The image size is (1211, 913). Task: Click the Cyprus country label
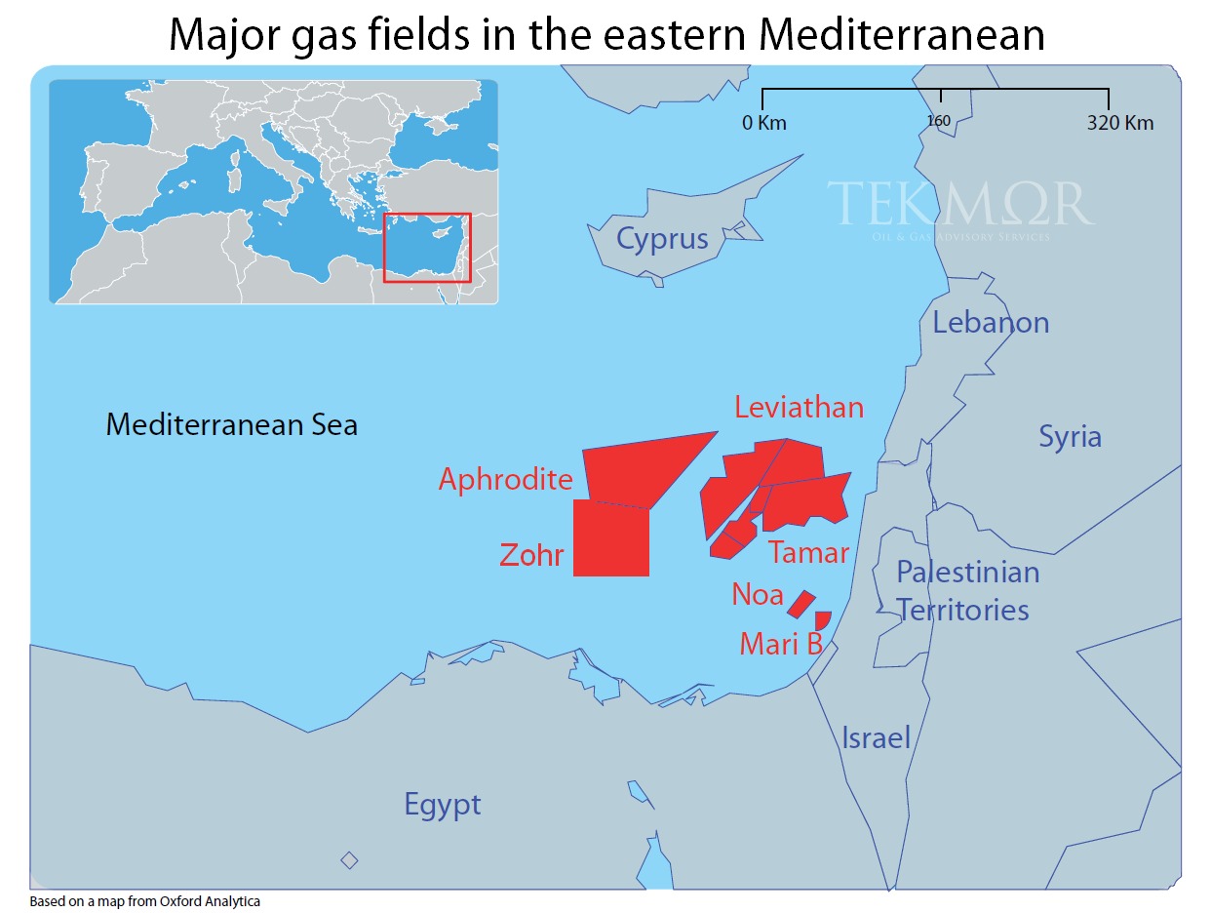tap(662, 239)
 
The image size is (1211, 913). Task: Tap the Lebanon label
tap(991, 322)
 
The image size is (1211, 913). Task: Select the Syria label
tap(1070, 436)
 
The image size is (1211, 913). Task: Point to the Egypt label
tap(443, 805)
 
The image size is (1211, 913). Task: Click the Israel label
tap(876, 737)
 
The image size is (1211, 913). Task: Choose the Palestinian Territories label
tap(965, 590)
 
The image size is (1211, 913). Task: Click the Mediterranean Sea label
tap(231, 424)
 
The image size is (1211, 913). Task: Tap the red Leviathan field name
tap(799, 407)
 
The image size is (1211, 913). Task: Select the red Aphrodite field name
tap(505, 479)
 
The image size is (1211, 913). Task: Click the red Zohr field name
tap(531, 555)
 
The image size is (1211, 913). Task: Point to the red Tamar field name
tap(808, 553)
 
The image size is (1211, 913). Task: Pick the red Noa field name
tap(758, 594)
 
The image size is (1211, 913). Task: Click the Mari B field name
tap(781, 644)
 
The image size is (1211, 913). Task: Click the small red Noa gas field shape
tap(801, 604)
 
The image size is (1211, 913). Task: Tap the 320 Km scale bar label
tap(1119, 123)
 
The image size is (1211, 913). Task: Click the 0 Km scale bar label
tap(763, 123)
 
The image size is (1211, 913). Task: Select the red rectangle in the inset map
tap(427, 248)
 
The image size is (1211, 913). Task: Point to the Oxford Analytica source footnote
tap(145, 901)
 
